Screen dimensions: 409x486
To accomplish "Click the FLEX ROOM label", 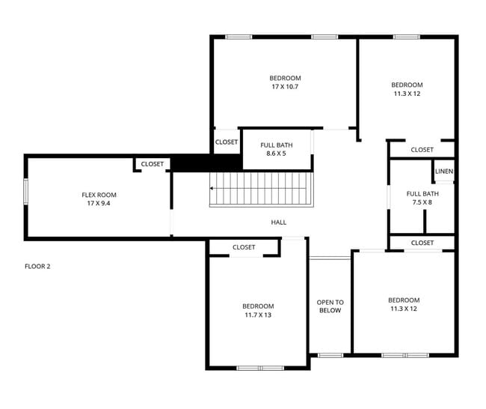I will pos(99,195).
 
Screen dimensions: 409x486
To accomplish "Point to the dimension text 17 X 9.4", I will pos(99,204).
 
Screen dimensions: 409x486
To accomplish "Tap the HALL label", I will pos(278,222).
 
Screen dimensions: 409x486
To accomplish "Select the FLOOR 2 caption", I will pos(37,266).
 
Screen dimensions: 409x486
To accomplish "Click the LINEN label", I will pos(444,172).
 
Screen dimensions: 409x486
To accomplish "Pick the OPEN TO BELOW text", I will pos(330,306).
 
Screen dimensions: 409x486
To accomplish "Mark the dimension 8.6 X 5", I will pos(276,154).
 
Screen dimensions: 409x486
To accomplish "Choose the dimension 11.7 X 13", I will pos(258,315).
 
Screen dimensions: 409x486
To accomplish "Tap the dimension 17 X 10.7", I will pos(285,87).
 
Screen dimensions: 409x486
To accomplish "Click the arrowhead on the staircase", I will pos(212,189).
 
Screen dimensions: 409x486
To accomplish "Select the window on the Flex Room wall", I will pos(26,193).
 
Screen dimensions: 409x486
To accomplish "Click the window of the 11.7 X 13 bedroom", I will pos(260,367).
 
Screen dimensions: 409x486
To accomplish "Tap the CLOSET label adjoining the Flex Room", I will pos(152,164).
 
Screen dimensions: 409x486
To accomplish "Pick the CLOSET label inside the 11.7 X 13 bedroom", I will pos(244,247).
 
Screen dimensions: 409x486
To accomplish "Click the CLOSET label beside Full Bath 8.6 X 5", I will pos(227,142).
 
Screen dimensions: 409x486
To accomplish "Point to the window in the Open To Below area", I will pos(330,354).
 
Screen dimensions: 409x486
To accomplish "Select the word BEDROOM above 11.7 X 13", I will pos(258,306).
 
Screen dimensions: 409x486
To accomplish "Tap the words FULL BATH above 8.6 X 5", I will pos(276,145).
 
